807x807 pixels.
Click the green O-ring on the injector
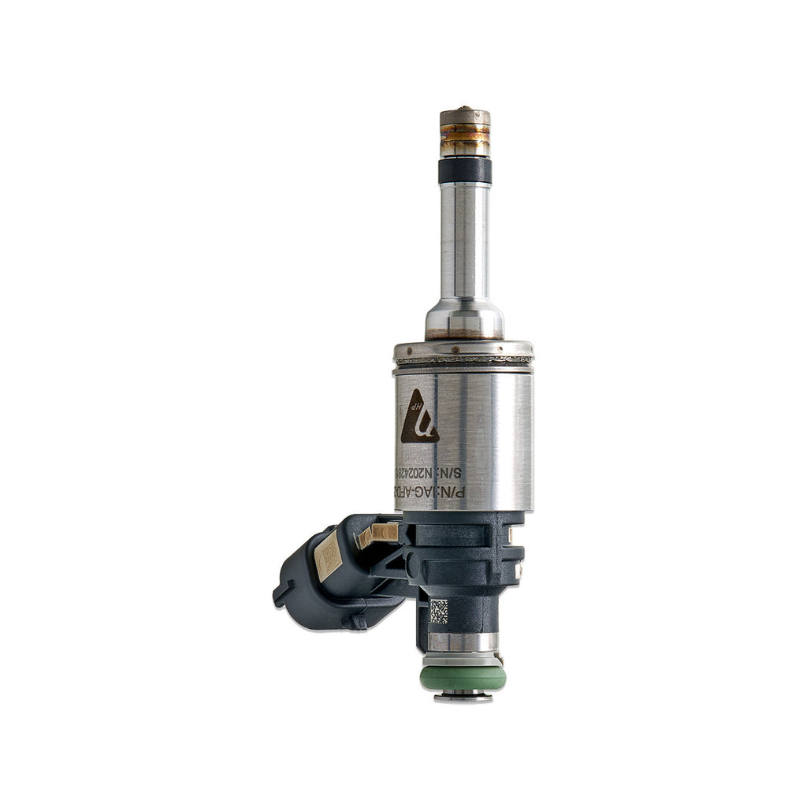pos(463,677)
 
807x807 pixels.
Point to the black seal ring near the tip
pos(465,169)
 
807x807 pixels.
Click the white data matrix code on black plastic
pos(438,612)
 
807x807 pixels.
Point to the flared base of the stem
pos(465,319)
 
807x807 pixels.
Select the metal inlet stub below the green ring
pos(463,697)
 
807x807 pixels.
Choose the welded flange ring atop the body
pos(463,351)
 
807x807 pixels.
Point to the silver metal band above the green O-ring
pos(463,642)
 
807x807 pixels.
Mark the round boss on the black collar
pos(411,562)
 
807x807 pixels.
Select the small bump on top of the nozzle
pos(466,109)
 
